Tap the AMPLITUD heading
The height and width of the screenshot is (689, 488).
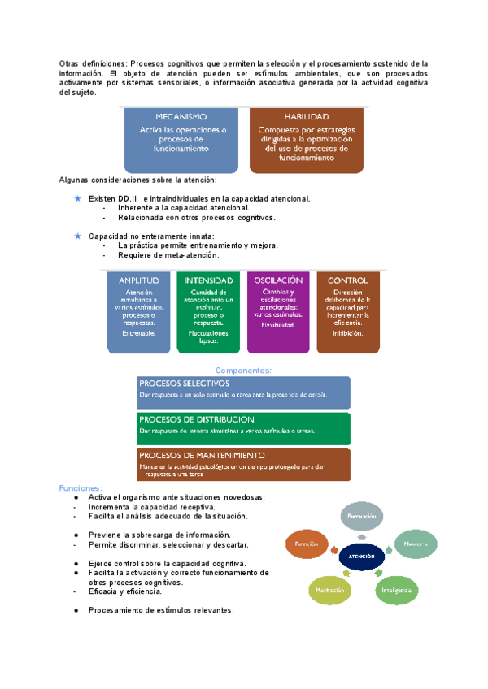coord(138,280)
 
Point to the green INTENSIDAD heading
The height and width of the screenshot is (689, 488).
coord(208,280)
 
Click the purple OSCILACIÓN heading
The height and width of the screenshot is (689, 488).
coord(278,280)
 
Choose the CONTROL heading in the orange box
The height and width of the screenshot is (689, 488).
coord(348,280)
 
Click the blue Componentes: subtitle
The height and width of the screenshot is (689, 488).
coord(244,370)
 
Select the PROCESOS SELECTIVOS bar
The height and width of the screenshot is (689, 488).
coord(244,392)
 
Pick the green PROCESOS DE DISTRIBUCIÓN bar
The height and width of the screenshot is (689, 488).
coord(244,428)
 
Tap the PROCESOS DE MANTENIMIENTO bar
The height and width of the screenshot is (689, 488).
coord(244,465)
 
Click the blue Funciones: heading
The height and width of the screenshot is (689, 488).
coord(80,488)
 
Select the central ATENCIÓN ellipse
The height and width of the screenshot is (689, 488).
coord(360,556)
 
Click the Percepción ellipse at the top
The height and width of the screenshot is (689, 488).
coord(361,517)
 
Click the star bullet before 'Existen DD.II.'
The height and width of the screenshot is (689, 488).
coord(77,198)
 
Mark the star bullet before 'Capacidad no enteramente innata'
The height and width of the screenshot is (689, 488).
coord(77,236)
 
